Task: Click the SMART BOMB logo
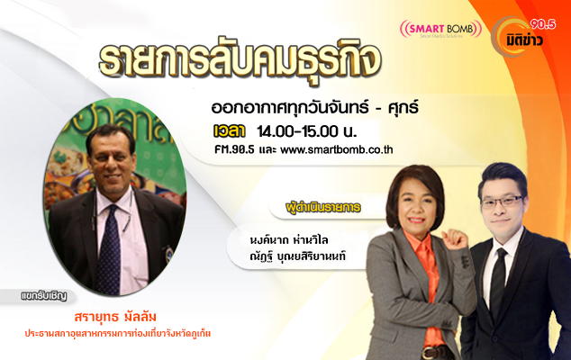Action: [x=440, y=29]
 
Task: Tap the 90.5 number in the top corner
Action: [x=543, y=24]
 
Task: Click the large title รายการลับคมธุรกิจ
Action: [x=240, y=60]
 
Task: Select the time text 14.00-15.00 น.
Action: [x=306, y=131]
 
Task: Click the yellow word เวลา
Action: [x=229, y=131]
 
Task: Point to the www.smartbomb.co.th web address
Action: [x=337, y=150]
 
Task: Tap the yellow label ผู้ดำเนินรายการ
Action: [x=323, y=208]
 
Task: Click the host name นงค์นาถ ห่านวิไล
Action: [x=289, y=240]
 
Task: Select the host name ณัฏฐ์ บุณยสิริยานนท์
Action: [x=297, y=256]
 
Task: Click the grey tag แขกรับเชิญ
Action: [x=44, y=296]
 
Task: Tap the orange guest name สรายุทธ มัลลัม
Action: [x=115, y=317]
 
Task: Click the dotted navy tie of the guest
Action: [x=108, y=250]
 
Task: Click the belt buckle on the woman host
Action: [x=429, y=353]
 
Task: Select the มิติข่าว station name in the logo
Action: [x=524, y=40]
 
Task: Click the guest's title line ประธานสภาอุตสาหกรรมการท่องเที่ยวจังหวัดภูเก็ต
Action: [x=118, y=333]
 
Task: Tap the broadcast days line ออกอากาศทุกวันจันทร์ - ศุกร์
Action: [x=314, y=108]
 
